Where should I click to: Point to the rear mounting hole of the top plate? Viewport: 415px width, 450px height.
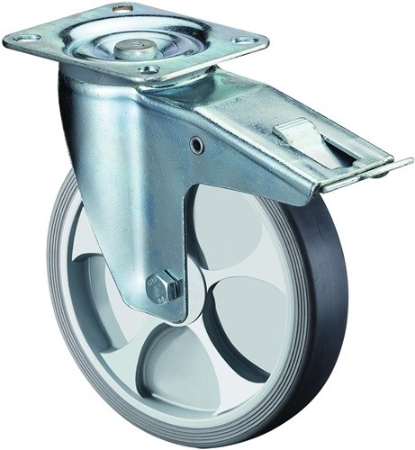125,8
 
